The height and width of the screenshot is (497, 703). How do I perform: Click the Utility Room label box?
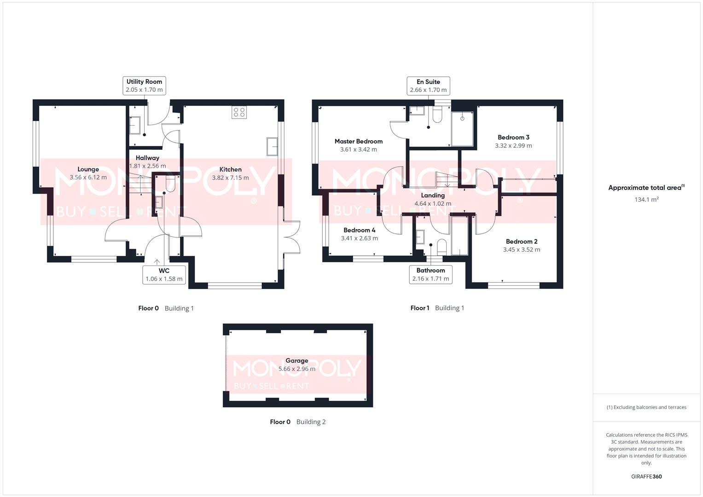[144, 86]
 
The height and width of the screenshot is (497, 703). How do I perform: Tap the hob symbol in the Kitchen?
[239, 112]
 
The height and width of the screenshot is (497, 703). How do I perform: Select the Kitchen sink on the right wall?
[272, 147]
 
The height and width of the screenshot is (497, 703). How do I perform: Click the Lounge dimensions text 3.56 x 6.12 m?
[88, 177]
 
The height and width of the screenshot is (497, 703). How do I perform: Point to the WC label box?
[164, 275]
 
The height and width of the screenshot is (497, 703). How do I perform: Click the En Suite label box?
[428, 86]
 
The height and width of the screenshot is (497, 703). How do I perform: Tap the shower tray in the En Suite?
[462, 128]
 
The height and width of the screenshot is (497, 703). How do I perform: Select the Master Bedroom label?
[358, 141]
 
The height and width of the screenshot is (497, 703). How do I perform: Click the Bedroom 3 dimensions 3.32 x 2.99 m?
[513, 145]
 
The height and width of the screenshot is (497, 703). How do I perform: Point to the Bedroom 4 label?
[359, 230]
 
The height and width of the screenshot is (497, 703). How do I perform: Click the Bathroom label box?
[430, 274]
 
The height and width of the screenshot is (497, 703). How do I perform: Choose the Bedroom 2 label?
[522, 241]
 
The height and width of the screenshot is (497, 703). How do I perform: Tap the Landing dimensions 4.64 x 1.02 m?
[433, 203]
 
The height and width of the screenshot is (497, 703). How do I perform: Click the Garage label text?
[296, 361]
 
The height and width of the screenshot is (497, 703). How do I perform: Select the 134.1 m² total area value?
[646, 200]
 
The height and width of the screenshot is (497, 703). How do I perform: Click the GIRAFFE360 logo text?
[646, 477]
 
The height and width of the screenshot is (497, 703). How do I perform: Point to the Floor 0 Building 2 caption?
[297, 422]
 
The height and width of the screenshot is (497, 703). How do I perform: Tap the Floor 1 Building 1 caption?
[437, 308]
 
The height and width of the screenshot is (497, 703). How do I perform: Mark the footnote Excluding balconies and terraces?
[646, 407]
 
